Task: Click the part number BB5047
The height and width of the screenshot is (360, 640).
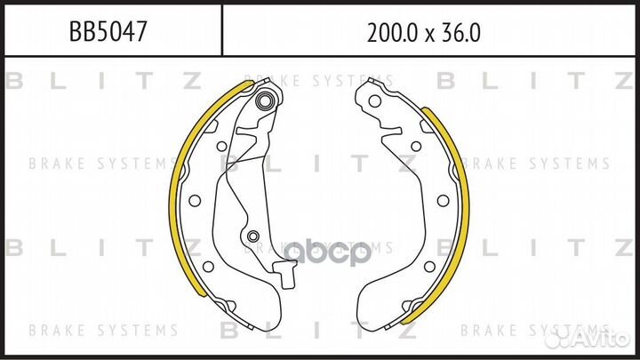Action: (108, 33)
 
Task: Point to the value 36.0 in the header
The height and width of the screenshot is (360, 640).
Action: (461, 33)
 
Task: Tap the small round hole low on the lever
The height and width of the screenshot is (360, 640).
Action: (252, 236)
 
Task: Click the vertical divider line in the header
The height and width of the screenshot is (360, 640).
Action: (220, 32)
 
